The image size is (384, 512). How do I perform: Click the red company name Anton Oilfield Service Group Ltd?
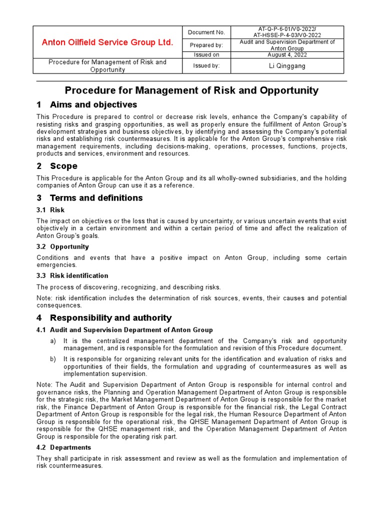point(107,42)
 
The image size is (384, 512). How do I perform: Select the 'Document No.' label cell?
point(206,32)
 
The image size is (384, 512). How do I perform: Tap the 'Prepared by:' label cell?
point(206,45)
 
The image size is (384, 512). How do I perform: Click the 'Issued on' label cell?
point(206,54)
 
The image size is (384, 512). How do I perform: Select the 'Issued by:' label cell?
point(206,65)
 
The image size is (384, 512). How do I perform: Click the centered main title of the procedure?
point(191,90)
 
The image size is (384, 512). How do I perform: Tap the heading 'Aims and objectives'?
point(93,104)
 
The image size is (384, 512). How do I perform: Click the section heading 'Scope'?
point(63,166)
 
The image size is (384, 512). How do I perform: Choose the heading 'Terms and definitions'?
point(96,197)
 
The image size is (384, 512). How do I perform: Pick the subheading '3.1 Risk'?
point(50,210)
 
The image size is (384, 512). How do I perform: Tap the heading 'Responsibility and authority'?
point(110,317)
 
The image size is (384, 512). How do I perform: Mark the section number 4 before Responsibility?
point(39,317)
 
